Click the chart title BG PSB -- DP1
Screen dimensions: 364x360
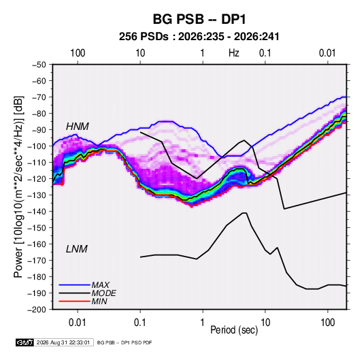coord(199,19)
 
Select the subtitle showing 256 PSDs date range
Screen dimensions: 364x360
coord(199,37)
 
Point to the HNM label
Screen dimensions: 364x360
coord(78,127)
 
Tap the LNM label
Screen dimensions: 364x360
coord(77,249)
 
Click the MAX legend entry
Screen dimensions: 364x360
coord(101,284)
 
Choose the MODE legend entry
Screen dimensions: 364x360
coord(104,293)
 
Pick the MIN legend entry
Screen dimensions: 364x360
coord(99,301)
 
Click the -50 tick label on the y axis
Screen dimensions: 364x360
coord(39,65)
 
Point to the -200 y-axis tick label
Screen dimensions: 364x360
coord(37,310)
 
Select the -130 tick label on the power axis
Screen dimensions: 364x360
coord(37,195)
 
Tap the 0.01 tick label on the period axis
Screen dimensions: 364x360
coord(78,323)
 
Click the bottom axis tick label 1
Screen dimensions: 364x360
coord(203,323)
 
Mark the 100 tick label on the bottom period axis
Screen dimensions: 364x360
coord(327,323)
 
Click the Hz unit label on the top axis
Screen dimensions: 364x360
coord(234,53)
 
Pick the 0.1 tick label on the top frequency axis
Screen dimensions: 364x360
coord(265,53)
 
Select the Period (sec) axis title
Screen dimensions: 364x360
coord(234,330)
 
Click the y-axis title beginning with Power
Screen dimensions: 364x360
coord(19,186)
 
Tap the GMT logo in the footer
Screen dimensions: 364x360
coord(24,342)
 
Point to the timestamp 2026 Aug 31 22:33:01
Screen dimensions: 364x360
coord(63,342)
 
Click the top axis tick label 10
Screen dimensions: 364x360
coord(140,53)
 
